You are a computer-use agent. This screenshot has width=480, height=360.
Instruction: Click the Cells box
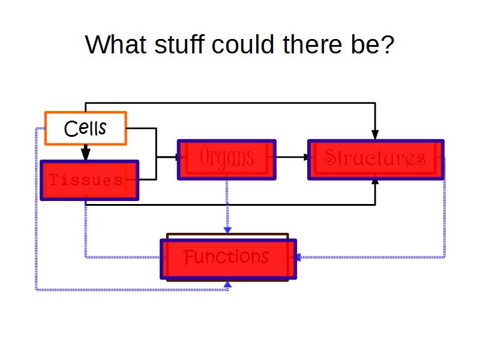pyautogui.click(x=86, y=128)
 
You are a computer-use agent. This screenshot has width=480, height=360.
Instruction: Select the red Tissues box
pyautogui.click(x=89, y=180)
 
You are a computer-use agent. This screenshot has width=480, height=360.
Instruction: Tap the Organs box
pyautogui.click(x=226, y=160)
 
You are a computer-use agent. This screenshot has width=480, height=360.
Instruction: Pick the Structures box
pyautogui.click(x=376, y=160)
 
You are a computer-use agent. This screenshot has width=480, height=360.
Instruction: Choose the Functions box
pyautogui.click(x=228, y=259)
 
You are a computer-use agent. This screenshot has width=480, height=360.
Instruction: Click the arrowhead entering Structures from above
pyautogui.click(x=376, y=134)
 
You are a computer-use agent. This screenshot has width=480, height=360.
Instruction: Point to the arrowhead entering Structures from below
pyautogui.click(x=376, y=182)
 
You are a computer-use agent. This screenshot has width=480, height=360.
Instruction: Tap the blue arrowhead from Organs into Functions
pyautogui.click(x=227, y=229)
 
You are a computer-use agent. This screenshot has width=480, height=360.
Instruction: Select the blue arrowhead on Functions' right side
pyautogui.click(x=297, y=257)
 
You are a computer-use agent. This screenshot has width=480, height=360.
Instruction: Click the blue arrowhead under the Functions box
pyautogui.click(x=227, y=284)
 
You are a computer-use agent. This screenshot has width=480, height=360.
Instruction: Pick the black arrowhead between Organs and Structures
pyautogui.click(x=308, y=157)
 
